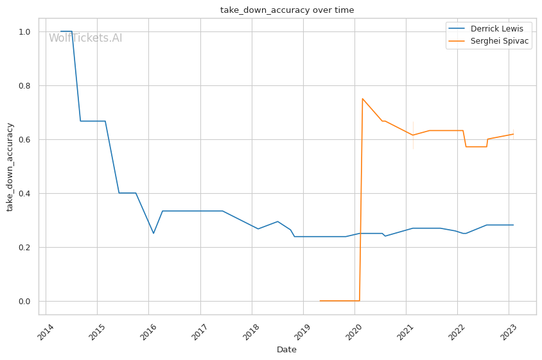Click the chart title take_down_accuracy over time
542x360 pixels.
click(287, 10)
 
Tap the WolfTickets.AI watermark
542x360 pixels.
click(85, 38)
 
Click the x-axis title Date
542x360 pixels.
click(286, 350)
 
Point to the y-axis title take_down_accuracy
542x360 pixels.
click(10, 166)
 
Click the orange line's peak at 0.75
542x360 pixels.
click(362, 98)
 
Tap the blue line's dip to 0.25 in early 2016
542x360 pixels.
click(153, 233)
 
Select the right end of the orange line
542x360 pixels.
click(513, 134)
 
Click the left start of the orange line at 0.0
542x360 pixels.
click(320, 300)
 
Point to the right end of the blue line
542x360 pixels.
click(513, 225)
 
